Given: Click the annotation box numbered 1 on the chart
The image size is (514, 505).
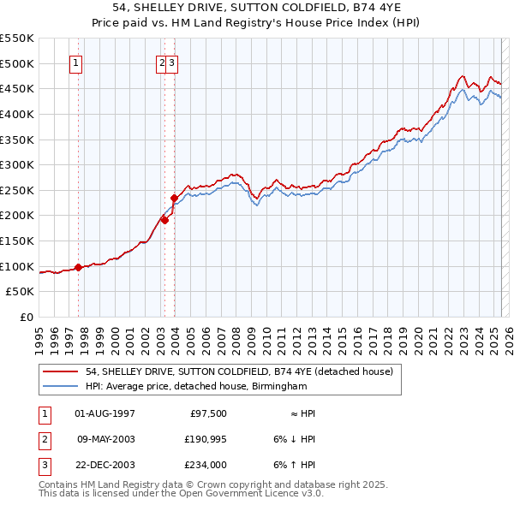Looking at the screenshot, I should coord(77,62).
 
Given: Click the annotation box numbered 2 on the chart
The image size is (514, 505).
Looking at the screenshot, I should coord(161,62).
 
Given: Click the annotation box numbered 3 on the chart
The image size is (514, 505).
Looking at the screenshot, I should coord(172,62).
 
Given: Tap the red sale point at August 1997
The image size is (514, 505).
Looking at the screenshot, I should coord(78,267).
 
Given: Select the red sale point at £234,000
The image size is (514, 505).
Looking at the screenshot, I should coord(174,198).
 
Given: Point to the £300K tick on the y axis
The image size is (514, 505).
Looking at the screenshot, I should coord(18,164).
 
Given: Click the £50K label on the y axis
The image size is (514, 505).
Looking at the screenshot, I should coord(21,292).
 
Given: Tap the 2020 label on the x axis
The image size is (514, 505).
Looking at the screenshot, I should coord(418,334).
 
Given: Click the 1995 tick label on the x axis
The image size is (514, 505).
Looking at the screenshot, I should coord(39,334).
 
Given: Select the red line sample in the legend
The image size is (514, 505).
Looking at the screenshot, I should coord(61,371).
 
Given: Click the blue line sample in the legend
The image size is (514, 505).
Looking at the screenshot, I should coord(61,387).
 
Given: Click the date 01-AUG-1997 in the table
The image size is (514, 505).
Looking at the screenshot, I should coord(105,413).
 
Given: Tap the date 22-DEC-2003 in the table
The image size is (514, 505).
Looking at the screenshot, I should coord(105,466).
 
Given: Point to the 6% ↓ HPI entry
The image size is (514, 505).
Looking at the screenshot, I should coord(295,439).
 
